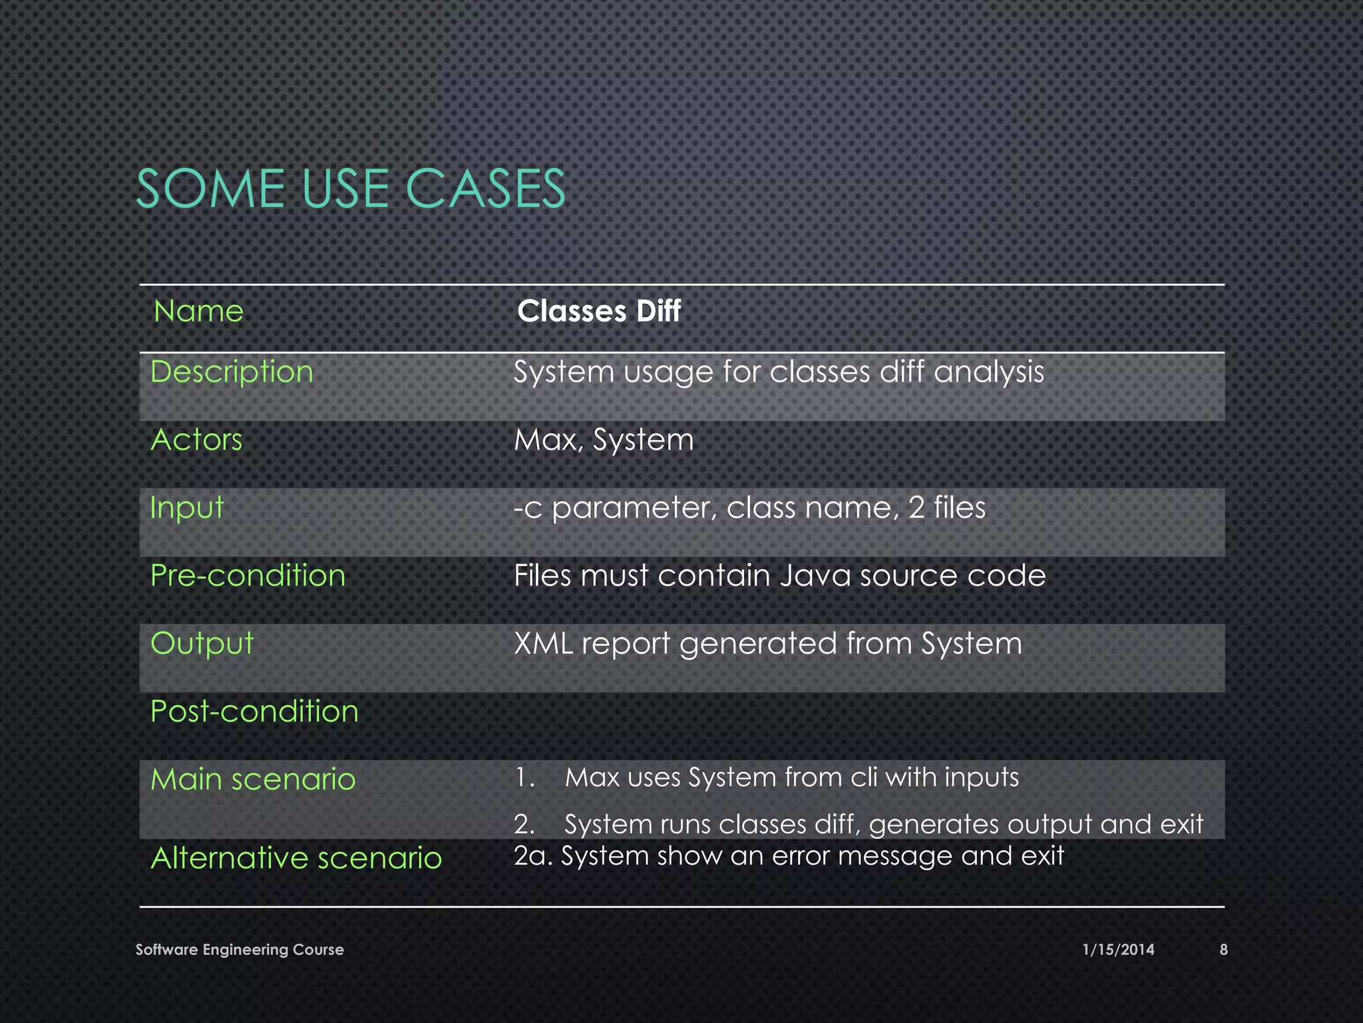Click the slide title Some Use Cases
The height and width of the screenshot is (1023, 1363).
point(350,188)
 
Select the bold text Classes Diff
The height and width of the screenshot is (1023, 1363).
point(598,311)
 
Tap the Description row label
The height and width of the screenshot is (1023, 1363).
point(232,372)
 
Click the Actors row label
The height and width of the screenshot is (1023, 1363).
point(197,440)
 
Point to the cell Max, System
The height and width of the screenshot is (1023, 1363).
point(604,440)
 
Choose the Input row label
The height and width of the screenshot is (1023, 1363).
point(187,508)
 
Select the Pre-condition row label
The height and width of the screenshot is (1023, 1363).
point(248,575)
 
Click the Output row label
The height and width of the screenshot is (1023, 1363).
point(202,643)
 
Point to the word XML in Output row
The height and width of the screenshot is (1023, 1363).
point(543,643)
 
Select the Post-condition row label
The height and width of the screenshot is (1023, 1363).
point(254,711)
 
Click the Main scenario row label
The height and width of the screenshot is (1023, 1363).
point(253,779)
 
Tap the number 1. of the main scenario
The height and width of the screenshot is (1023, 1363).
point(524,778)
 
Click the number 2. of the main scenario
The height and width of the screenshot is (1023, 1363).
point(524,825)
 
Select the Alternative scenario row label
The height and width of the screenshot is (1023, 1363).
point(296,858)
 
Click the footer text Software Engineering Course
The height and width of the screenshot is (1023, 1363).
point(240,950)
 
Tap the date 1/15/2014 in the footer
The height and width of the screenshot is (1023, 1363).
point(1118,950)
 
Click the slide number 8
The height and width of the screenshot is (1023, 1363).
point(1223,950)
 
